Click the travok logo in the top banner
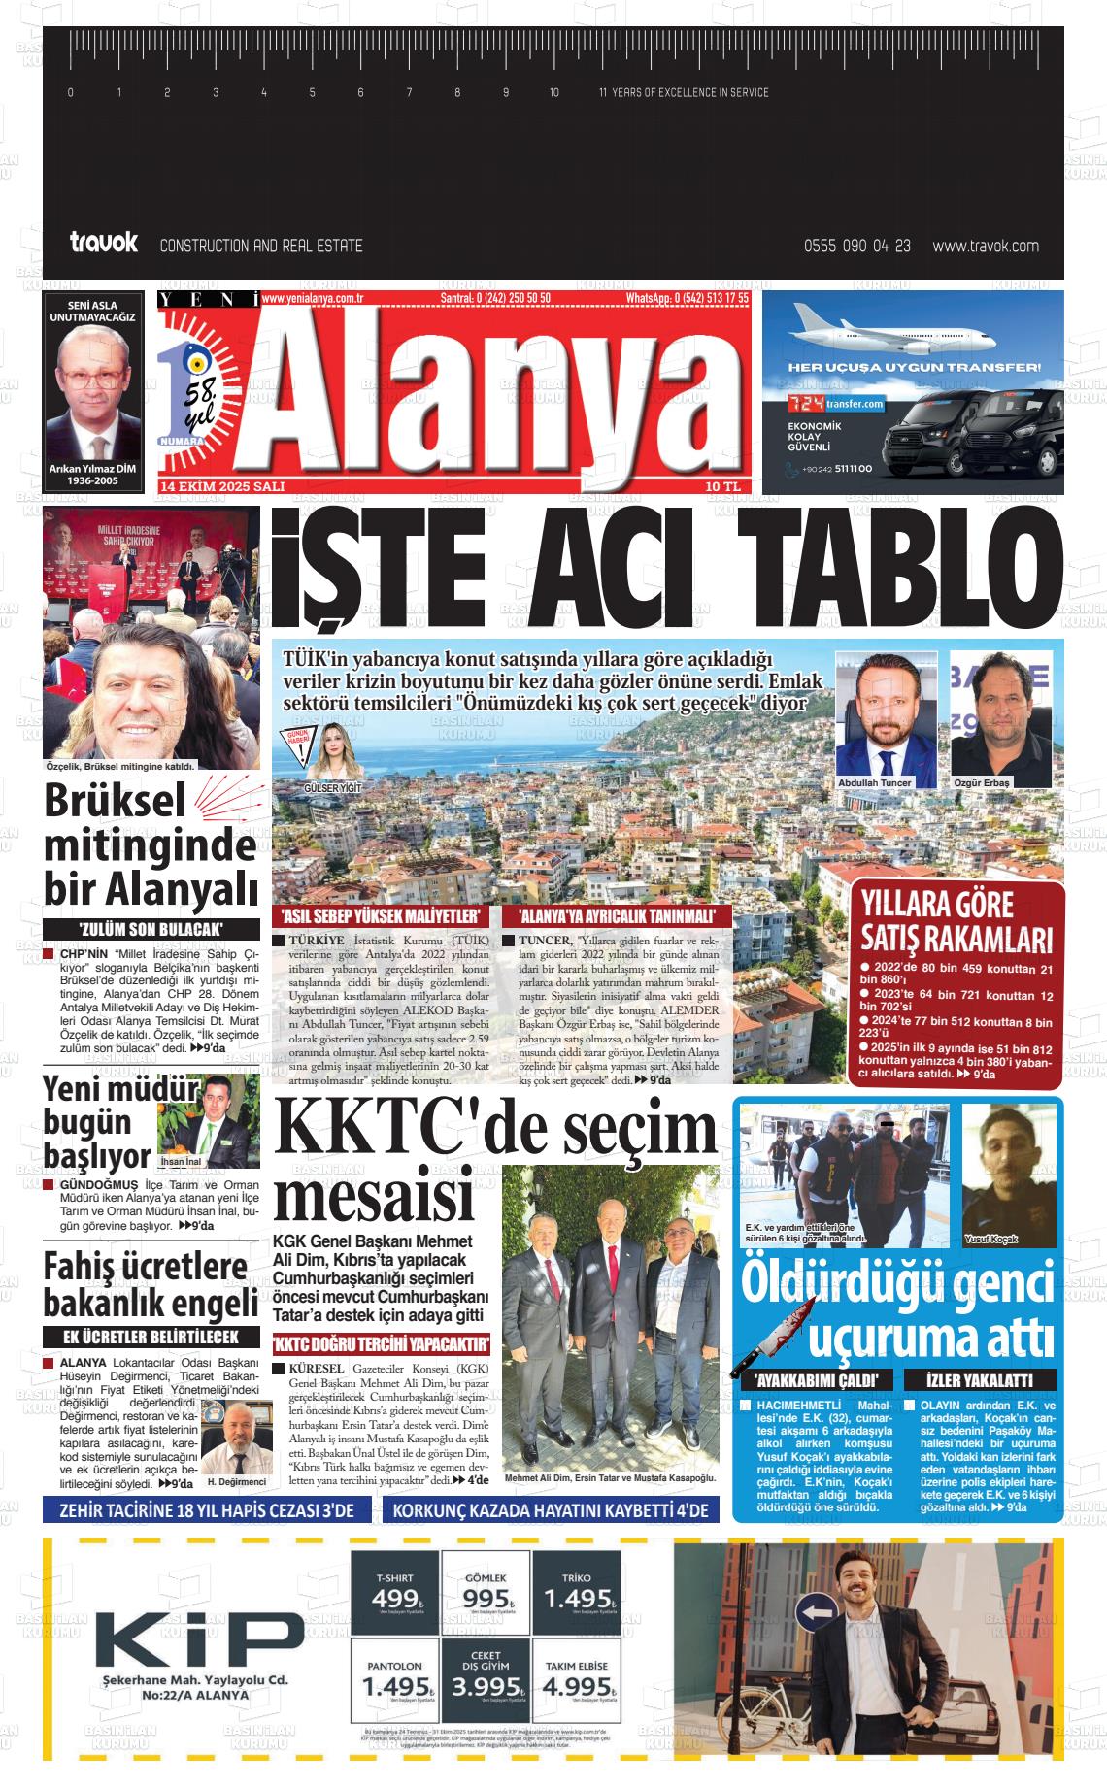pos(104,243)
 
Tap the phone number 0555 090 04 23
pos(857,247)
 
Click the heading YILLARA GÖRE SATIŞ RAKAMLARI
pos(956,922)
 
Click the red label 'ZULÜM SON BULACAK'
pos(151,930)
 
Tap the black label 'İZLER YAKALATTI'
pos(978,1380)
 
